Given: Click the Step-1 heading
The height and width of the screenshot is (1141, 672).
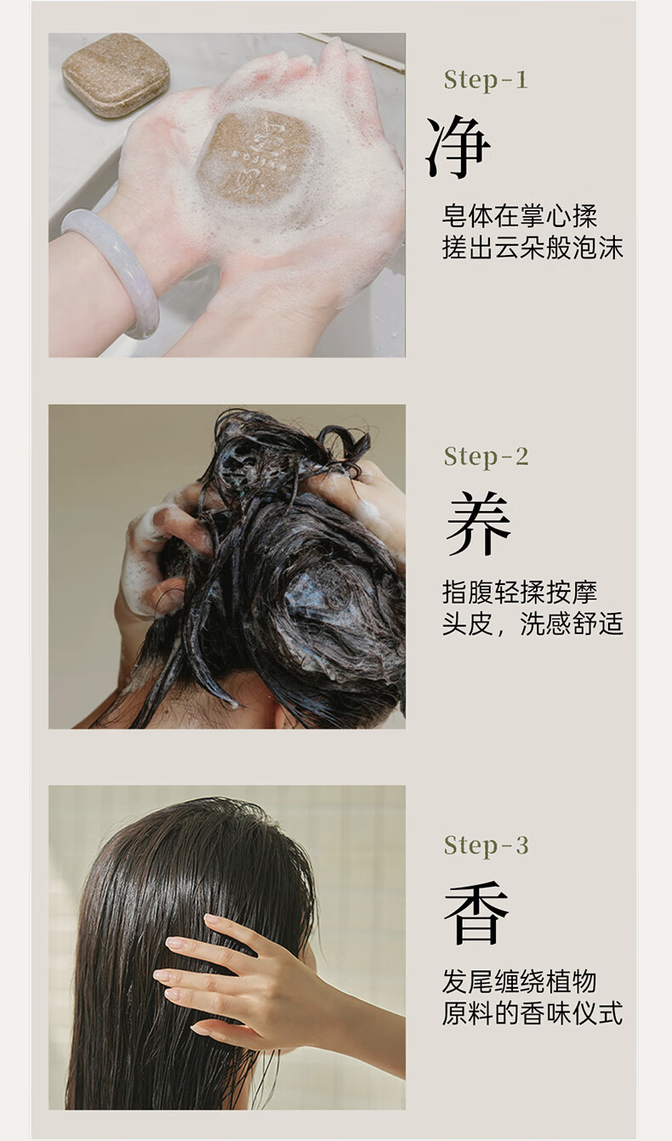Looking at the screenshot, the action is click(486, 81).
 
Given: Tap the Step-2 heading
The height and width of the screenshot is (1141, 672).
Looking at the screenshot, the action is click(486, 457).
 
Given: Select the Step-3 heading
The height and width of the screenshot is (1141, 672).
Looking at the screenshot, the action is click(486, 846).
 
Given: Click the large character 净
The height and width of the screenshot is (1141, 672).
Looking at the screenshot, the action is click(458, 147).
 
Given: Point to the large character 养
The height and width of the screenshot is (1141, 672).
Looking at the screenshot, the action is click(478, 523).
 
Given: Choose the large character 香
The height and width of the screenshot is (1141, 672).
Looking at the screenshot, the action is click(477, 912).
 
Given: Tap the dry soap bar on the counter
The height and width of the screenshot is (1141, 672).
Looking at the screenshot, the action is click(116, 74).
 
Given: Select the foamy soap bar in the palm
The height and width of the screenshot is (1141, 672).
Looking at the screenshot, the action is click(257, 158).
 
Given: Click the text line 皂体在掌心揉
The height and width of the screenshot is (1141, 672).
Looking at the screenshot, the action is click(519, 217).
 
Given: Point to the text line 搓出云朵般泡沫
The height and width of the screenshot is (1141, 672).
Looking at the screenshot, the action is click(532, 248).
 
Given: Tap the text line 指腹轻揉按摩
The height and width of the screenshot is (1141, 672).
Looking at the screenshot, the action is click(519, 593).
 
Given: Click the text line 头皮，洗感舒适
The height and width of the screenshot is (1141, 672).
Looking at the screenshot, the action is click(532, 624).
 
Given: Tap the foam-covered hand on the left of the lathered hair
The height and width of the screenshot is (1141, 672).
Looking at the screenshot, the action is click(158, 555).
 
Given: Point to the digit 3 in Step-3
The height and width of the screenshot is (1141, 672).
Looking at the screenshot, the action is click(521, 846).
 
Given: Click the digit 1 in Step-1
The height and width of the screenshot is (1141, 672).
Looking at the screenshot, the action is click(521, 81).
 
